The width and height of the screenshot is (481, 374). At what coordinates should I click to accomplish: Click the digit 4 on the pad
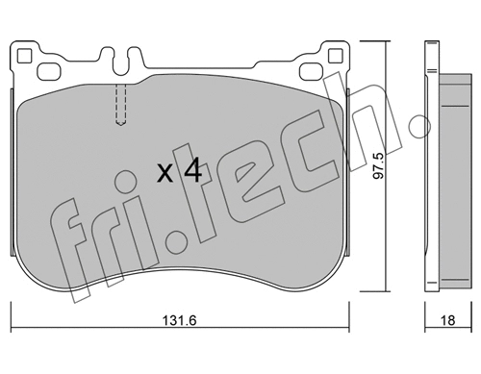coord(191,171)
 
